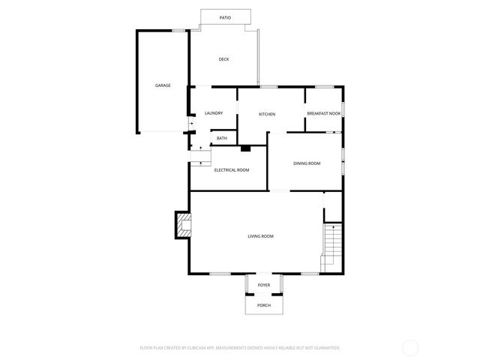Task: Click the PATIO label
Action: [225, 16]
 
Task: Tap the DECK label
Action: [223, 59]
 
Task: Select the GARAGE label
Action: [163, 85]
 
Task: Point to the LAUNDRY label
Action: [214, 113]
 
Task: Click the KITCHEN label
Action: [267, 114]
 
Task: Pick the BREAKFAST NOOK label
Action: [323, 113]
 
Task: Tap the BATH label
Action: [222, 138]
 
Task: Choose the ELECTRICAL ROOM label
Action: [232, 170]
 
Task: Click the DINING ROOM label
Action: [307, 163]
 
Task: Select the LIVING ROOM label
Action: [261, 236]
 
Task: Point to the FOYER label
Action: [264, 285]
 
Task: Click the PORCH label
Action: [264, 305]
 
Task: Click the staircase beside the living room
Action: [331, 247]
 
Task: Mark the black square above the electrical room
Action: [245, 148]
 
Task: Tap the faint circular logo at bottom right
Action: [410, 347]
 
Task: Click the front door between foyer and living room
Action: [264, 274]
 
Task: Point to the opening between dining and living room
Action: [279, 191]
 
